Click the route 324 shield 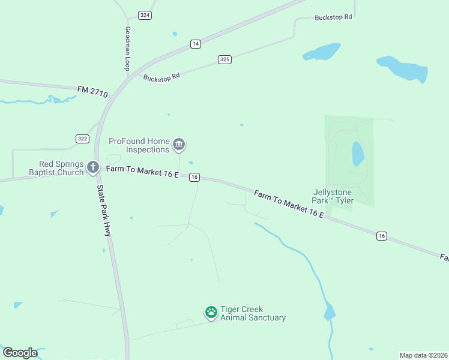click(x=145, y=15)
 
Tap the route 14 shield click(x=195, y=44)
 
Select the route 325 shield click(x=224, y=59)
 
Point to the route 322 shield click(x=83, y=139)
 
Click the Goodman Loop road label click(x=127, y=49)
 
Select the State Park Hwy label click(x=104, y=209)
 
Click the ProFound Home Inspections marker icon click(x=179, y=145)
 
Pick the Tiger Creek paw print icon click(x=211, y=312)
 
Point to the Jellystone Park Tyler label click(x=333, y=196)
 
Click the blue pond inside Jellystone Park click(x=358, y=154)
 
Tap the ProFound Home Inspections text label click(x=139, y=145)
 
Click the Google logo click(x=20, y=353)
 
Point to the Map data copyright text click(x=424, y=355)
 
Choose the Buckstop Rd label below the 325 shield click(x=161, y=77)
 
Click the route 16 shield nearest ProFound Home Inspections click(x=194, y=177)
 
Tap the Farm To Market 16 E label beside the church click(x=142, y=172)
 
